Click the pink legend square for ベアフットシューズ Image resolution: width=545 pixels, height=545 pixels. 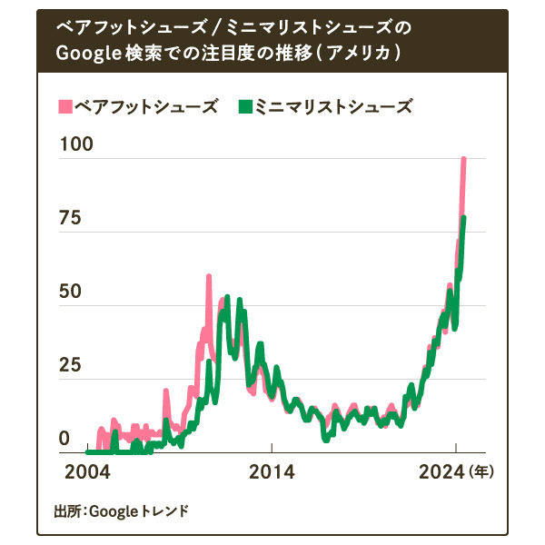coord(64,107)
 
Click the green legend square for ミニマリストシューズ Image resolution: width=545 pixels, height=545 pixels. coord(244,107)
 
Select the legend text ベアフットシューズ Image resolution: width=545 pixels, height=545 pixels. coord(146,107)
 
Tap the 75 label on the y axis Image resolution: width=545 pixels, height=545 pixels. coord(70,220)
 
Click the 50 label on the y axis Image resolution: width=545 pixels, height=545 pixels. coord(70,293)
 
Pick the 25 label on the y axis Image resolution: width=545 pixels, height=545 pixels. coord(70,367)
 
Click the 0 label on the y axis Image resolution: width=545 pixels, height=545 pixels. coord(64,440)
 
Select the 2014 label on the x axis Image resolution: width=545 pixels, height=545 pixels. coord(272,472)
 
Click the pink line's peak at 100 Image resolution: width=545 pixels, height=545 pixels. coord(463,159)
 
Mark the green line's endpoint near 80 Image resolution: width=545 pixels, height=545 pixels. coord(464,218)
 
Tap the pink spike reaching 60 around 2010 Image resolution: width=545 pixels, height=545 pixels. coord(209,276)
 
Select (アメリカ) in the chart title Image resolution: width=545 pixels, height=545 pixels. coord(357,54)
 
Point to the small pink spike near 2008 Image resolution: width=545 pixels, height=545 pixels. coord(166,391)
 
